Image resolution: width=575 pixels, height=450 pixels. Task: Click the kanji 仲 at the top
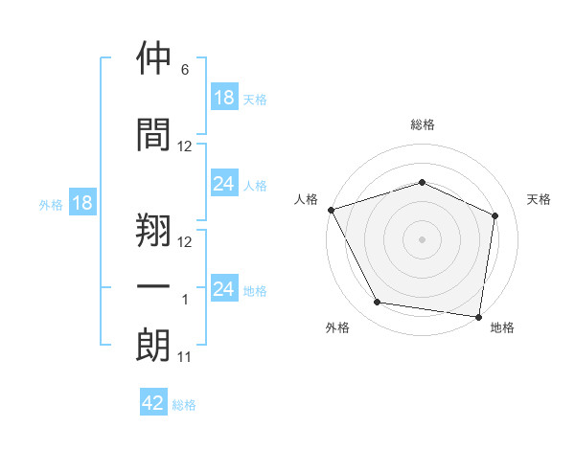[153, 57]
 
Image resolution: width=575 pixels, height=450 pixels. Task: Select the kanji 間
[153, 134]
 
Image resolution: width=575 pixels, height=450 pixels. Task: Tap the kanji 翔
[153, 230]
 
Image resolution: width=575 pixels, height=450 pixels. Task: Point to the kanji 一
[153, 286]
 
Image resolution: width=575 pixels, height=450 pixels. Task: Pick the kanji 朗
[153, 345]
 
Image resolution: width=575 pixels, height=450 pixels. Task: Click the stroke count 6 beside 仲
[185, 70]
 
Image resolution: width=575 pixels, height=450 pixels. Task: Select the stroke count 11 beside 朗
[184, 357]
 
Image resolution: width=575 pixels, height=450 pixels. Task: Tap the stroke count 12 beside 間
[184, 146]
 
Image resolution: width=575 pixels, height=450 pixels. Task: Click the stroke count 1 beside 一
[185, 300]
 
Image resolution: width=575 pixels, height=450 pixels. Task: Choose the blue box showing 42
[153, 401]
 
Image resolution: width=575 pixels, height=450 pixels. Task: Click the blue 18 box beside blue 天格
[224, 97]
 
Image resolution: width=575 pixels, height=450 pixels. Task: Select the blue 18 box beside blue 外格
[82, 202]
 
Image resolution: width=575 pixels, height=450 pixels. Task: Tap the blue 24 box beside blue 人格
[224, 183]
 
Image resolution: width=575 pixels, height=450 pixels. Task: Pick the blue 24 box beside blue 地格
[224, 287]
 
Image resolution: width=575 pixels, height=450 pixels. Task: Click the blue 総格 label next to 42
[184, 405]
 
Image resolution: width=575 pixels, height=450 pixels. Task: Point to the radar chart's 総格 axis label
[423, 124]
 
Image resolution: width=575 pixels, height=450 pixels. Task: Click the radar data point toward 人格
[332, 210]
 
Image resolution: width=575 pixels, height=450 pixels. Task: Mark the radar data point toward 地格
[478, 317]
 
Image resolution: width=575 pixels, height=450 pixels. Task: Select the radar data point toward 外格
[377, 303]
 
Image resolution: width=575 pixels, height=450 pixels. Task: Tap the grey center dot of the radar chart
[422, 239]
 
